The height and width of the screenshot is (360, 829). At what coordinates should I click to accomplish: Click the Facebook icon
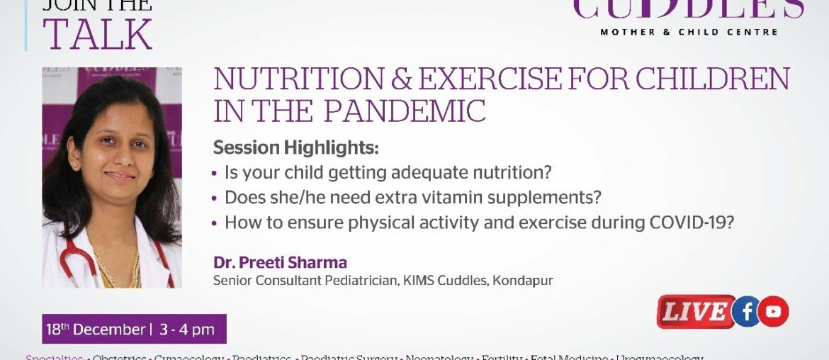pyautogui.click(x=745, y=312)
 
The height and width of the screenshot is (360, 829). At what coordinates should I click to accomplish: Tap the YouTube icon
pyautogui.click(x=773, y=312)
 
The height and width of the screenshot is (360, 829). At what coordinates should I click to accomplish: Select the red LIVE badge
pyautogui.click(x=695, y=312)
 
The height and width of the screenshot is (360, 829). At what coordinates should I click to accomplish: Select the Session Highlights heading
pyautogui.click(x=296, y=149)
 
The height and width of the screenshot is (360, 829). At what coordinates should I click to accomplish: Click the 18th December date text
pyautogui.click(x=95, y=330)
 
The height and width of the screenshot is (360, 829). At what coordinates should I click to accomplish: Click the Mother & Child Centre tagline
pyautogui.click(x=689, y=32)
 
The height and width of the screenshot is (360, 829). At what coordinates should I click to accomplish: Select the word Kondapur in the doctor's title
pyautogui.click(x=526, y=281)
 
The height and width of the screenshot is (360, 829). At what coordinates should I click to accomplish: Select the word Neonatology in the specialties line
pyautogui.click(x=439, y=358)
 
